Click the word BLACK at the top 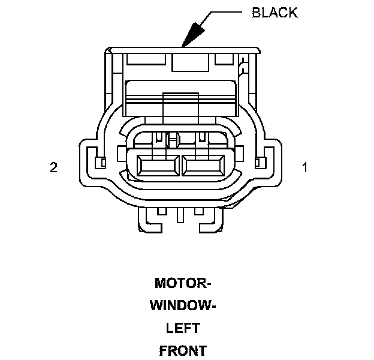[x=275, y=13]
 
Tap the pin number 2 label [x=53, y=168]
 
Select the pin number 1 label [x=305, y=168]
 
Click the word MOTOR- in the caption [x=183, y=283]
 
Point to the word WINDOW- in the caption [x=183, y=306]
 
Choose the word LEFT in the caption [x=183, y=329]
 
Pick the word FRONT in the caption [x=183, y=351]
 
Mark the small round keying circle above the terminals [x=173, y=140]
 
